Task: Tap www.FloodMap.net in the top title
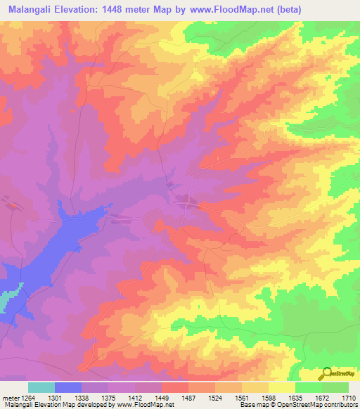pyautogui.click(x=229, y=10)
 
